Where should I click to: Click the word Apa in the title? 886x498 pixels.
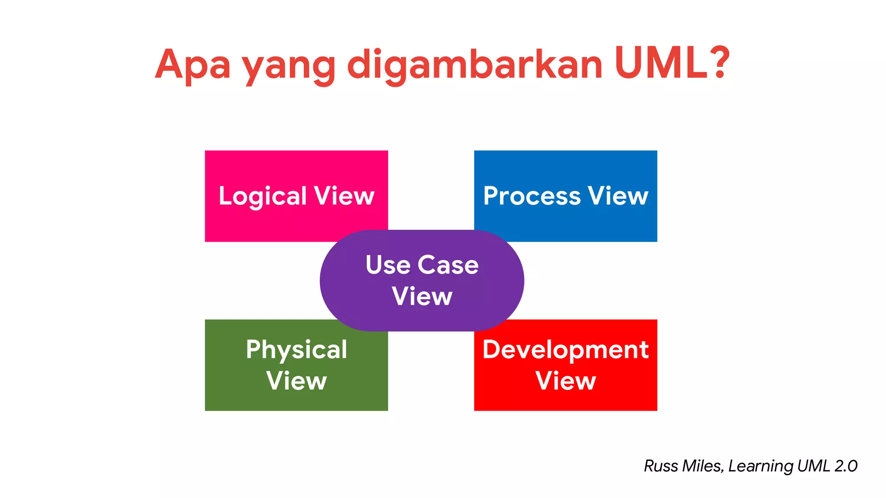coord(193,65)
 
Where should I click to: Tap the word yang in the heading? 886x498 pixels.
coord(289,67)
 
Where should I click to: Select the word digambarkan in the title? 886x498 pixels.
coord(475,65)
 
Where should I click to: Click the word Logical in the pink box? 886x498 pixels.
coord(263,197)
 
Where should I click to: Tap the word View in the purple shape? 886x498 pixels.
coord(422,297)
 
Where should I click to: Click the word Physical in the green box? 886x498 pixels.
coord(296,350)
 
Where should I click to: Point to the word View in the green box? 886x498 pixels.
coord(296,381)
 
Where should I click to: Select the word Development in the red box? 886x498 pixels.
coord(565,349)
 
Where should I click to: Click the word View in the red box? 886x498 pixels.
coord(565,381)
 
